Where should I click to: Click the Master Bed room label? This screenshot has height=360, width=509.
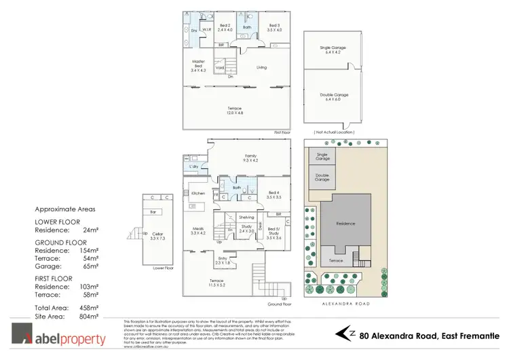[x=198, y=65]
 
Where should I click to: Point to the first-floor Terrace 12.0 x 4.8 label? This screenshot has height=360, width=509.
[x=235, y=111]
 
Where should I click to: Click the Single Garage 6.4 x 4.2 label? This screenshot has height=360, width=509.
[x=333, y=50]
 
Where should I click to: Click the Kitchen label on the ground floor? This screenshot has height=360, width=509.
[x=197, y=194]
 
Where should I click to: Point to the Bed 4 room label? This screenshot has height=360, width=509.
[x=274, y=194]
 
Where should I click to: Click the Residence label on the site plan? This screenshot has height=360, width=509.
[x=346, y=223]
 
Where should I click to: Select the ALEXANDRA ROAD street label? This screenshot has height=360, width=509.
[x=345, y=306]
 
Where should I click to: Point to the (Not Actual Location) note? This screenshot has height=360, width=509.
[x=333, y=132]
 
